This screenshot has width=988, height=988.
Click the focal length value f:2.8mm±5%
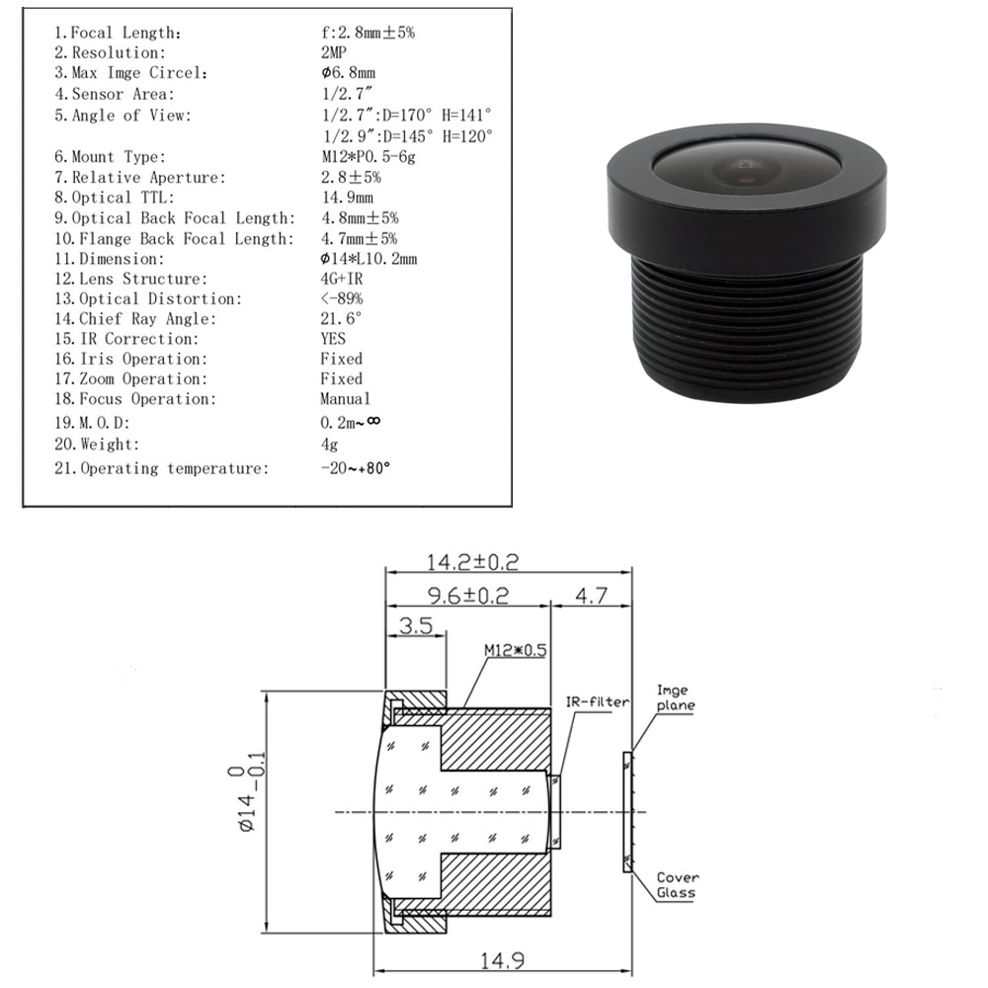(x=368, y=33)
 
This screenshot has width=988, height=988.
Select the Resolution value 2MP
(x=334, y=53)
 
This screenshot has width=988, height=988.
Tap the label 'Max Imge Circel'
(x=139, y=73)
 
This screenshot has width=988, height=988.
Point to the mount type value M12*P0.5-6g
(x=369, y=157)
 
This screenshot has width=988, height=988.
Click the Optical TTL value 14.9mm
(x=348, y=198)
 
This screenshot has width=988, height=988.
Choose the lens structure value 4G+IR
(x=342, y=279)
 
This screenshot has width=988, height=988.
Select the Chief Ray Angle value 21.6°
(x=342, y=319)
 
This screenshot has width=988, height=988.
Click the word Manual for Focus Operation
(x=345, y=399)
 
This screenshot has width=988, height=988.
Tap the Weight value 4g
(x=329, y=445)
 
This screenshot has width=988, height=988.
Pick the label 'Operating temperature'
(x=175, y=468)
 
